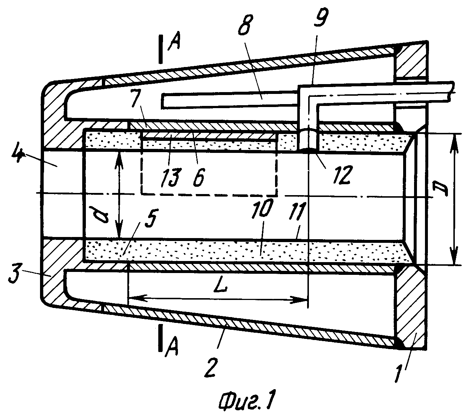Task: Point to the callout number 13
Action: click(x=171, y=177)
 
